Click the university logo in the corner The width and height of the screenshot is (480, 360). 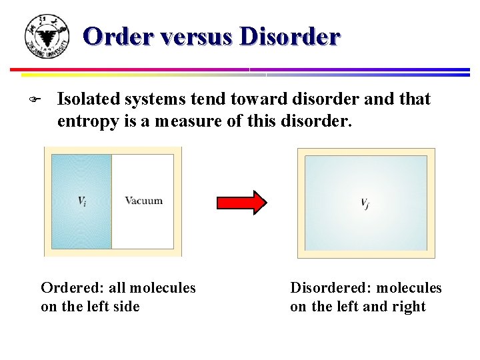46,36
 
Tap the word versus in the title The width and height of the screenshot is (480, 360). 195,36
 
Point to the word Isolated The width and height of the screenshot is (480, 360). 86,99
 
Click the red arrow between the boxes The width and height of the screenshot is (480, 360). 241,202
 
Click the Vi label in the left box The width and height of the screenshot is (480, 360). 81,201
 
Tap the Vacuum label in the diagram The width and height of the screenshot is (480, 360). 143,201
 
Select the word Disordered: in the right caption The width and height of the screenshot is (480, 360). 331,288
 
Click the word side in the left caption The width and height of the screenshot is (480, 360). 127,307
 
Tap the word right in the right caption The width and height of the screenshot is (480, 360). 409,307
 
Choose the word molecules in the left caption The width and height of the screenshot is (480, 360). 163,288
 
